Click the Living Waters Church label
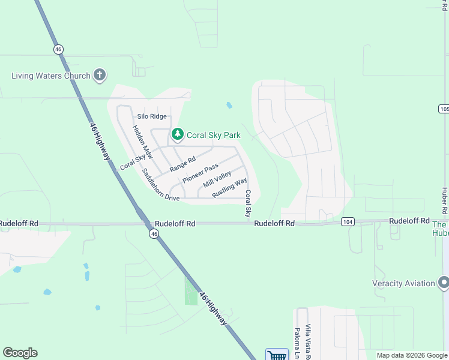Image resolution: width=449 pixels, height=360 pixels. point(51,76)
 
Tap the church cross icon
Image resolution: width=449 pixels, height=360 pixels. point(100,76)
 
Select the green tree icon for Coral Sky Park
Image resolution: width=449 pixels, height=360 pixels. point(177,135)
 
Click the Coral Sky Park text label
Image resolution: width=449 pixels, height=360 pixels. point(213,135)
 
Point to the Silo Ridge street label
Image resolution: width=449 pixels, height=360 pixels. point(152,116)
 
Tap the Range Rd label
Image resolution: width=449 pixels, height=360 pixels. point(182,164)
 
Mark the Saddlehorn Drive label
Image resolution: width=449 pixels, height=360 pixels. point(160,185)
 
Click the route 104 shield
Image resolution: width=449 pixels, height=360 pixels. point(348,222)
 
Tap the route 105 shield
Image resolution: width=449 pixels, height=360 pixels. point(443,109)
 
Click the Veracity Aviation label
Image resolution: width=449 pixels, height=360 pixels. point(403,283)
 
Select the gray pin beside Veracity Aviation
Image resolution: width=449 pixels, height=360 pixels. point(443,282)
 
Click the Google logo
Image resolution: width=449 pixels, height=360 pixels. point(20,353)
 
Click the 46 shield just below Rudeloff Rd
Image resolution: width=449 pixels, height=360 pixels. point(154,234)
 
